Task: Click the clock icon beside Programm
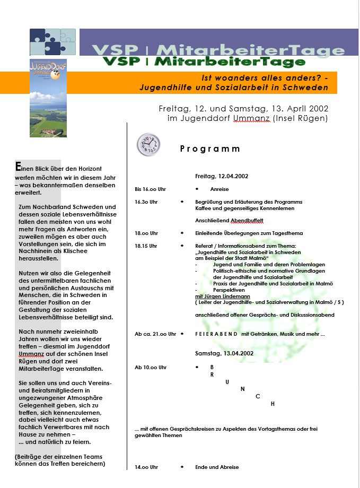(148, 145)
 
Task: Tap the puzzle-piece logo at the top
(54, 42)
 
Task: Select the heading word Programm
(210, 149)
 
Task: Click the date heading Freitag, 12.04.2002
(222, 176)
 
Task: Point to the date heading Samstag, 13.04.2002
(224, 353)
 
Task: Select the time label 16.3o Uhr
(146, 202)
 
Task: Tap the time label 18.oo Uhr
(146, 233)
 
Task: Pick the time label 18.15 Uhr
(146, 246)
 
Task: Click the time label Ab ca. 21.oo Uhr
(155, 334)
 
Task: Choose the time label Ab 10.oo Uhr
(151, 367)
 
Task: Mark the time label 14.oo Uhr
(146, 467)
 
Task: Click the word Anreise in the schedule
(219, 189)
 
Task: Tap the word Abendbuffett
(247, 221)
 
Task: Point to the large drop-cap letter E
(19, 167)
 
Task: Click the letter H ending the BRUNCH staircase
(273, 404)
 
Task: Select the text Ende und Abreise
(217, 467)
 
